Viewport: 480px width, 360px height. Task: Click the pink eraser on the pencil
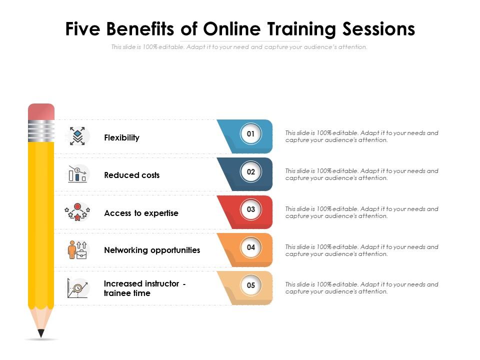click(41, 112)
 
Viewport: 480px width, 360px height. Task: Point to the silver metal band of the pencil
click(41, 131)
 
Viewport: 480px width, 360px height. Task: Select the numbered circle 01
click(251, 134)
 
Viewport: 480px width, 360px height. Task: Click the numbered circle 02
click(251, 172)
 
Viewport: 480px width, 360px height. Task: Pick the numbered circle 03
click(251, 209)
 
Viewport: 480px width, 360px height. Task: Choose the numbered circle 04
click(251, 247)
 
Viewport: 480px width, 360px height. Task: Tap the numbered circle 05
click(251, 285)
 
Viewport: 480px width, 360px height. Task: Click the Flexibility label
click(121, 137)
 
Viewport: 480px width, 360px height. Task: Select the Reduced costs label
click(131, 175)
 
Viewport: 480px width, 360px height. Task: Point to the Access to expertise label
click(141, 213)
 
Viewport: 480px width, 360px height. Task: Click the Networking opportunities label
click(152, 250)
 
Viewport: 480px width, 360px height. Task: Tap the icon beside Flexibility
click(77, 136)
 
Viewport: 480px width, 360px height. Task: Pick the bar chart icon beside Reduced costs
click(77, 174)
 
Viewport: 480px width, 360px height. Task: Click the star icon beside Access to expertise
click(77, 212)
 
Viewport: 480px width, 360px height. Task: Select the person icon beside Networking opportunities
click(77, 249)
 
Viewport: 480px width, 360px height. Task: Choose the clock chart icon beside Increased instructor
click(77, 288)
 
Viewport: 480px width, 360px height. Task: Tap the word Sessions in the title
click(378, 29)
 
